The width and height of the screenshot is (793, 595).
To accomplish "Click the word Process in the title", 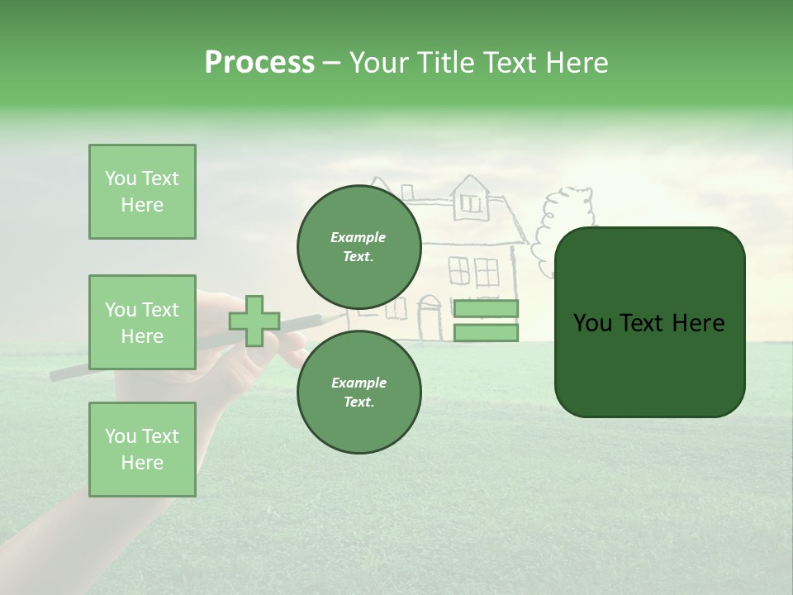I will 259,63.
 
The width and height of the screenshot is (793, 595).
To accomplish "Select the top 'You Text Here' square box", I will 142,192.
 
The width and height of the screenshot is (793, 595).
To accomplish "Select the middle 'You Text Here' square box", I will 142,322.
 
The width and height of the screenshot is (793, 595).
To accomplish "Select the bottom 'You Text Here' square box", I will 142,450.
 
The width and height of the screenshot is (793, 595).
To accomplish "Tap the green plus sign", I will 254,321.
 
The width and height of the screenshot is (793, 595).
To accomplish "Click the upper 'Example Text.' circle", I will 359,246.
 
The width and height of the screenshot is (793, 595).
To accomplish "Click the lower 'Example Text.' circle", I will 359,392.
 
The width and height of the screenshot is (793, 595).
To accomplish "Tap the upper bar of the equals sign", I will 486,309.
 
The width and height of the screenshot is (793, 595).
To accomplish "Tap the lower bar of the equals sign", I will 486,333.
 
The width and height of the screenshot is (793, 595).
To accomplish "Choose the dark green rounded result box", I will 649,322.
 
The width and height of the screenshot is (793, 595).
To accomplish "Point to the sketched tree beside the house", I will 562,223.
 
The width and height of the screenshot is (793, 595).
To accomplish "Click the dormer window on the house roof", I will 470,201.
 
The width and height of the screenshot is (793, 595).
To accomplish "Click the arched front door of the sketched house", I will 430,319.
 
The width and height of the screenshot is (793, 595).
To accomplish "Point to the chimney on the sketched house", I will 406,192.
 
